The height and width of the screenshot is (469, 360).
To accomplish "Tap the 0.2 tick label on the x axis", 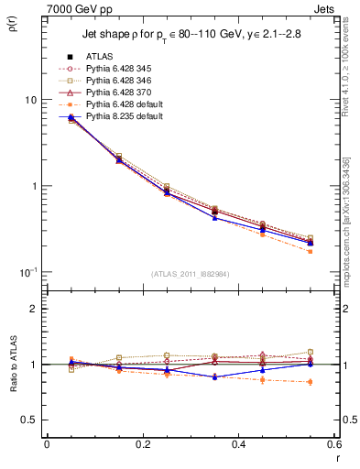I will (142, 444).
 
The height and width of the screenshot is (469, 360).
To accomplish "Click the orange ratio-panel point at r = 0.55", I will (310, 382).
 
